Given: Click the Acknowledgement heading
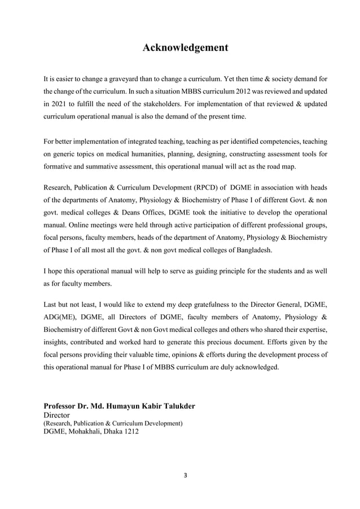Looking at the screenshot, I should tap(185, 47).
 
